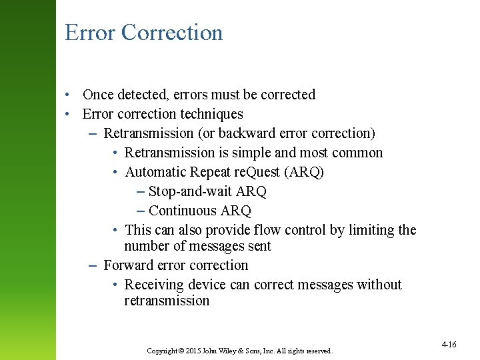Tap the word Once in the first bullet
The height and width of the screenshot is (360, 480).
click(x=99, y=95)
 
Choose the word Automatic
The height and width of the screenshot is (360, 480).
click(x=155, y=172)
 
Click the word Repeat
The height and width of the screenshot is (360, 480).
click(x=210, y=172)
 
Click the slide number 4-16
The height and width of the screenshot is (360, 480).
click(x=449, y=345)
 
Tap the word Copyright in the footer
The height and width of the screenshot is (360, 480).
click(x=161, y=351)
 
